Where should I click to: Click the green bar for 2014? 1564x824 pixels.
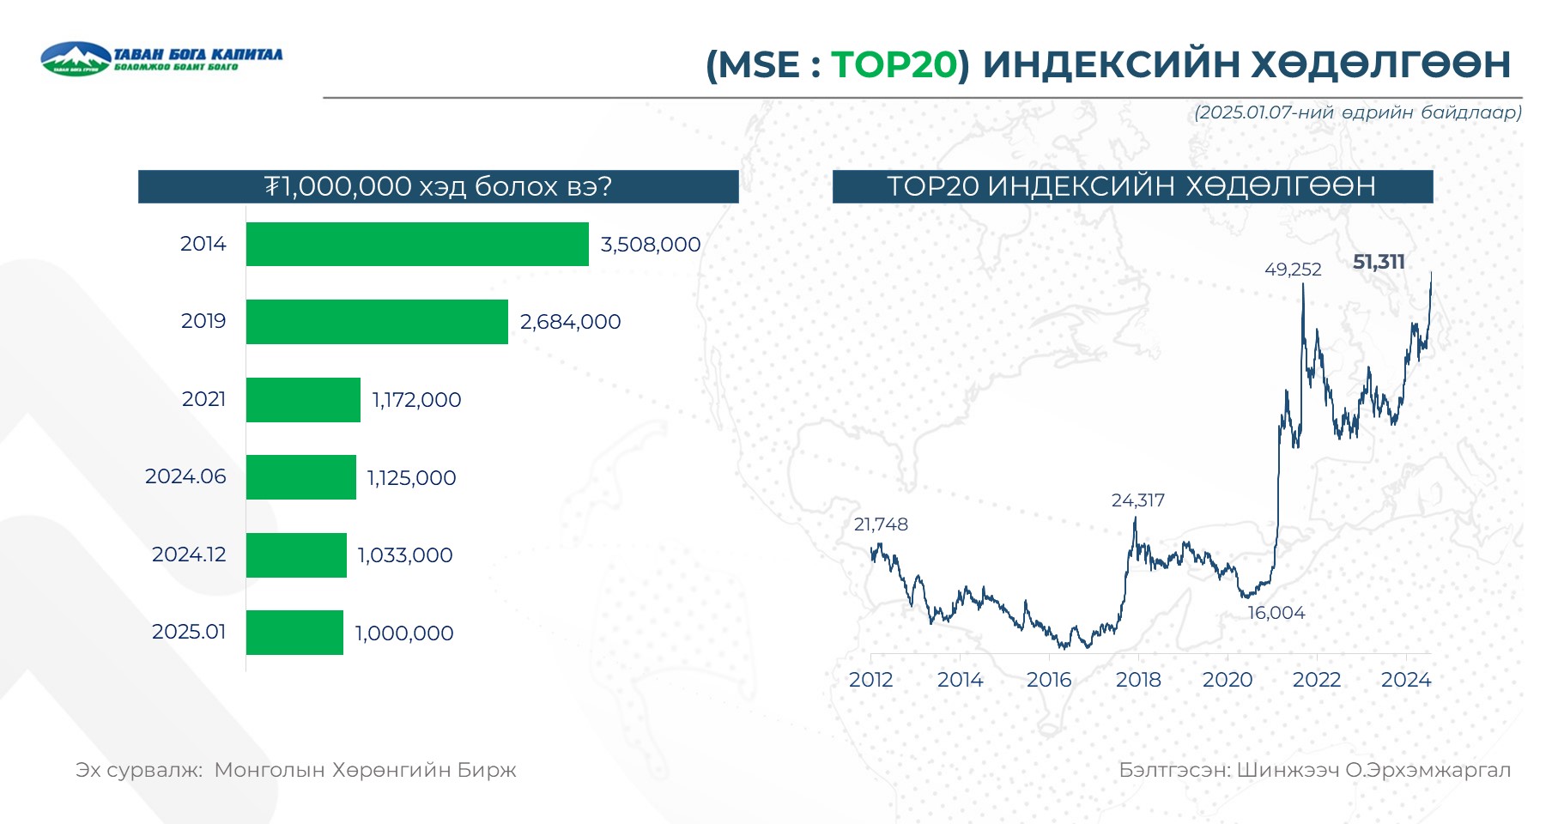417,244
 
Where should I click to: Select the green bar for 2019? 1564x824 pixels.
377,322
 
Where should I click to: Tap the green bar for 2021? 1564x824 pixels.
303,400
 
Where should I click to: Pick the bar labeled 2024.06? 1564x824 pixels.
300,477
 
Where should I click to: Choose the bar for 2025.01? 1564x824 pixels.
294,633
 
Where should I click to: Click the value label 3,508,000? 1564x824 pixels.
651,245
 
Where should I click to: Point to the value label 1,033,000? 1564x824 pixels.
405,555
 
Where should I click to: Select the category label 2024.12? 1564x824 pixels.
189,554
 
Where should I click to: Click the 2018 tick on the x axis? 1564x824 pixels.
1138,680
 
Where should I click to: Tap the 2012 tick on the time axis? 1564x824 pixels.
871,680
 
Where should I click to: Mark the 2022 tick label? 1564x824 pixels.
1317,680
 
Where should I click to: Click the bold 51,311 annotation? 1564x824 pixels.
1379,262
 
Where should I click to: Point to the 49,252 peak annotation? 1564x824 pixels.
1293,270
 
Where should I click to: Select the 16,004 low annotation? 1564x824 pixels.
1276,613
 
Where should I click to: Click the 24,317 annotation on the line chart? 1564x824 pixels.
1138,500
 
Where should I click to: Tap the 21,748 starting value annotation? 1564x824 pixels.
881,524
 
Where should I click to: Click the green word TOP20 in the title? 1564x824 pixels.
894,64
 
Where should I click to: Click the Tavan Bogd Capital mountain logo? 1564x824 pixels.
76,58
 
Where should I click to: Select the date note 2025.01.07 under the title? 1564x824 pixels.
1357,112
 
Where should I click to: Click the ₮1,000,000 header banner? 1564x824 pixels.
438,186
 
